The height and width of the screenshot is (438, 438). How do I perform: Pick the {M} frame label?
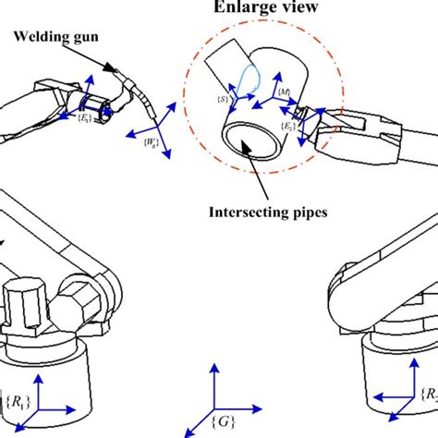coord(284,94)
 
